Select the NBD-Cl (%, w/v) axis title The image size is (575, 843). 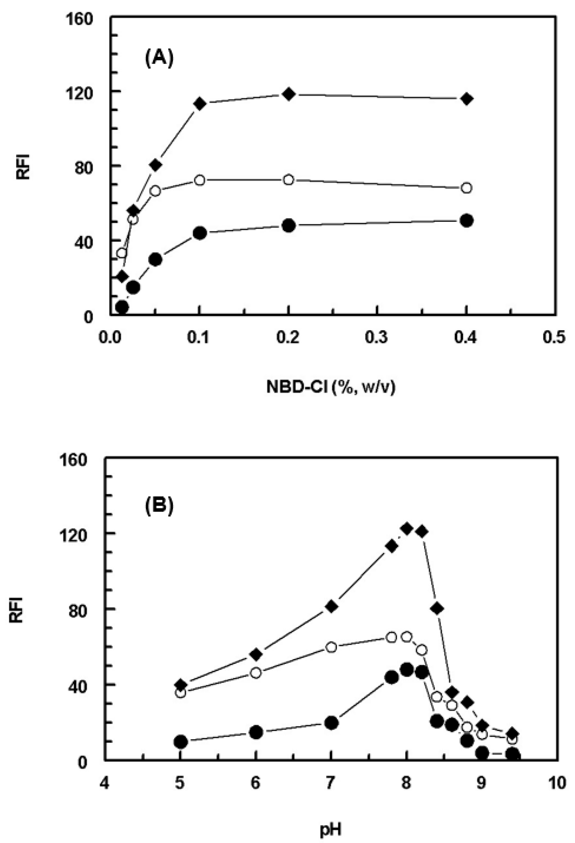click(331, 387)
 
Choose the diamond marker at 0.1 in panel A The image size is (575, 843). click(200, 103)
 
